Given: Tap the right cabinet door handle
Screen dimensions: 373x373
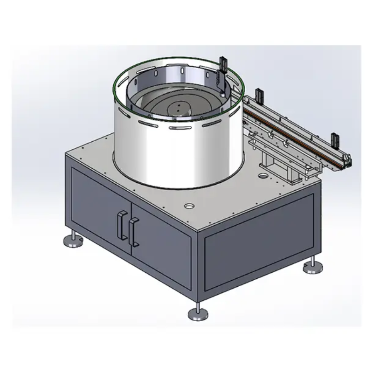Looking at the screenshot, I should [x=134, y=230].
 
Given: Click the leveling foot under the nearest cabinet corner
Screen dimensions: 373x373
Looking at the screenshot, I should [x=198, y=313].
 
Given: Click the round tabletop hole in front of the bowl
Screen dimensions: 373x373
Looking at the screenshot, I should [x=189, y=206].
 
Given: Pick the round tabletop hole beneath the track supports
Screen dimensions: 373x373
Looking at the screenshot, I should [x=263, y=177].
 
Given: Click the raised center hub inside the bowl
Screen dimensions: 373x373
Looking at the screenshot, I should [x=178, y=108].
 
